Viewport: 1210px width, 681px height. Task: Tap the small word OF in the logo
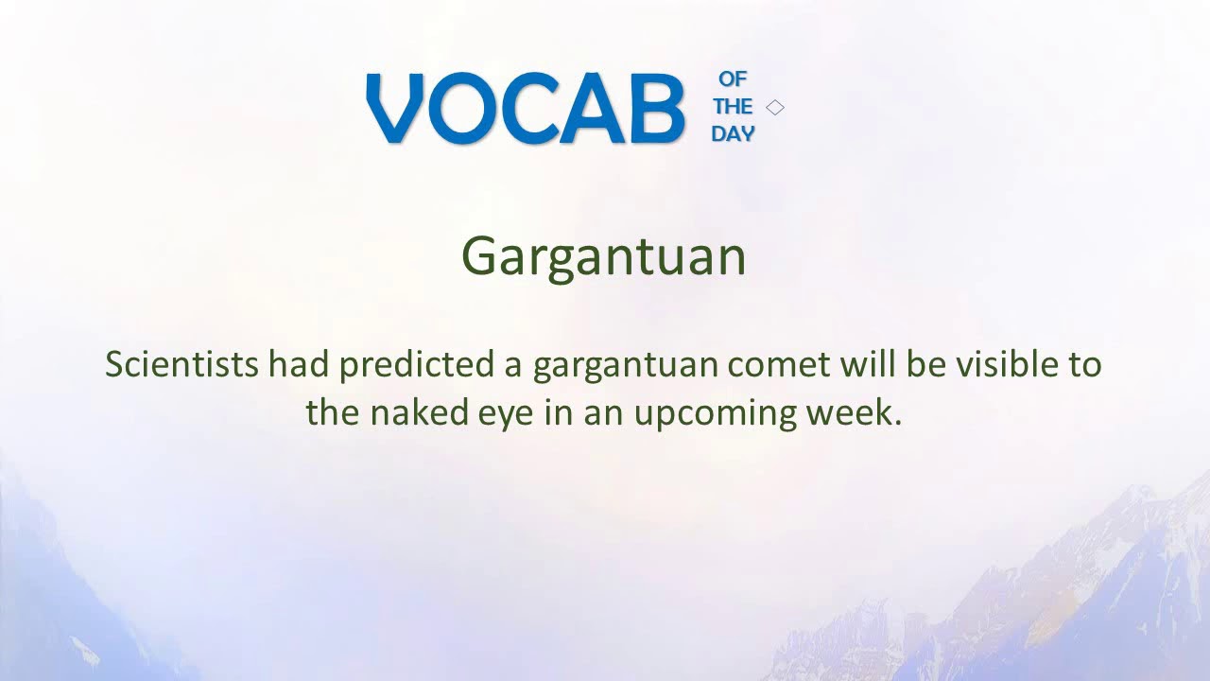tap(733, 79)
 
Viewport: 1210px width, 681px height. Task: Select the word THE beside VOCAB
tap(733, 107)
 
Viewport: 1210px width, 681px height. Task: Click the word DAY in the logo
tap(733, 134)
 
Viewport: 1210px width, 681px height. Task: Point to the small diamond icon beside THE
tap(775, 107)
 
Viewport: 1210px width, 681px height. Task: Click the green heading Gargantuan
tap(603, 256)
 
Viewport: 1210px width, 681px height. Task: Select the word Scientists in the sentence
tap(181, 364)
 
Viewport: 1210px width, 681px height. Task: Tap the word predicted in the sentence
tap(416, 364)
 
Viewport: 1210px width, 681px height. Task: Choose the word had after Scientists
tap(299, 364)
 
